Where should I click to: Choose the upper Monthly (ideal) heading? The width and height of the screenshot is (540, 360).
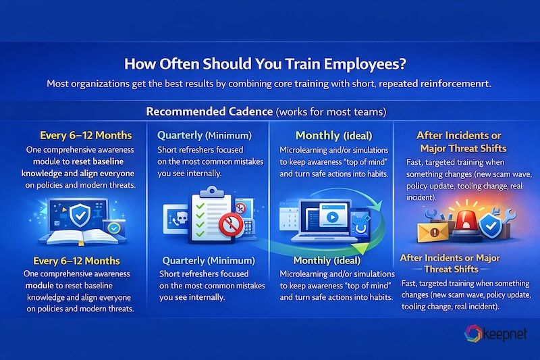327,135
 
